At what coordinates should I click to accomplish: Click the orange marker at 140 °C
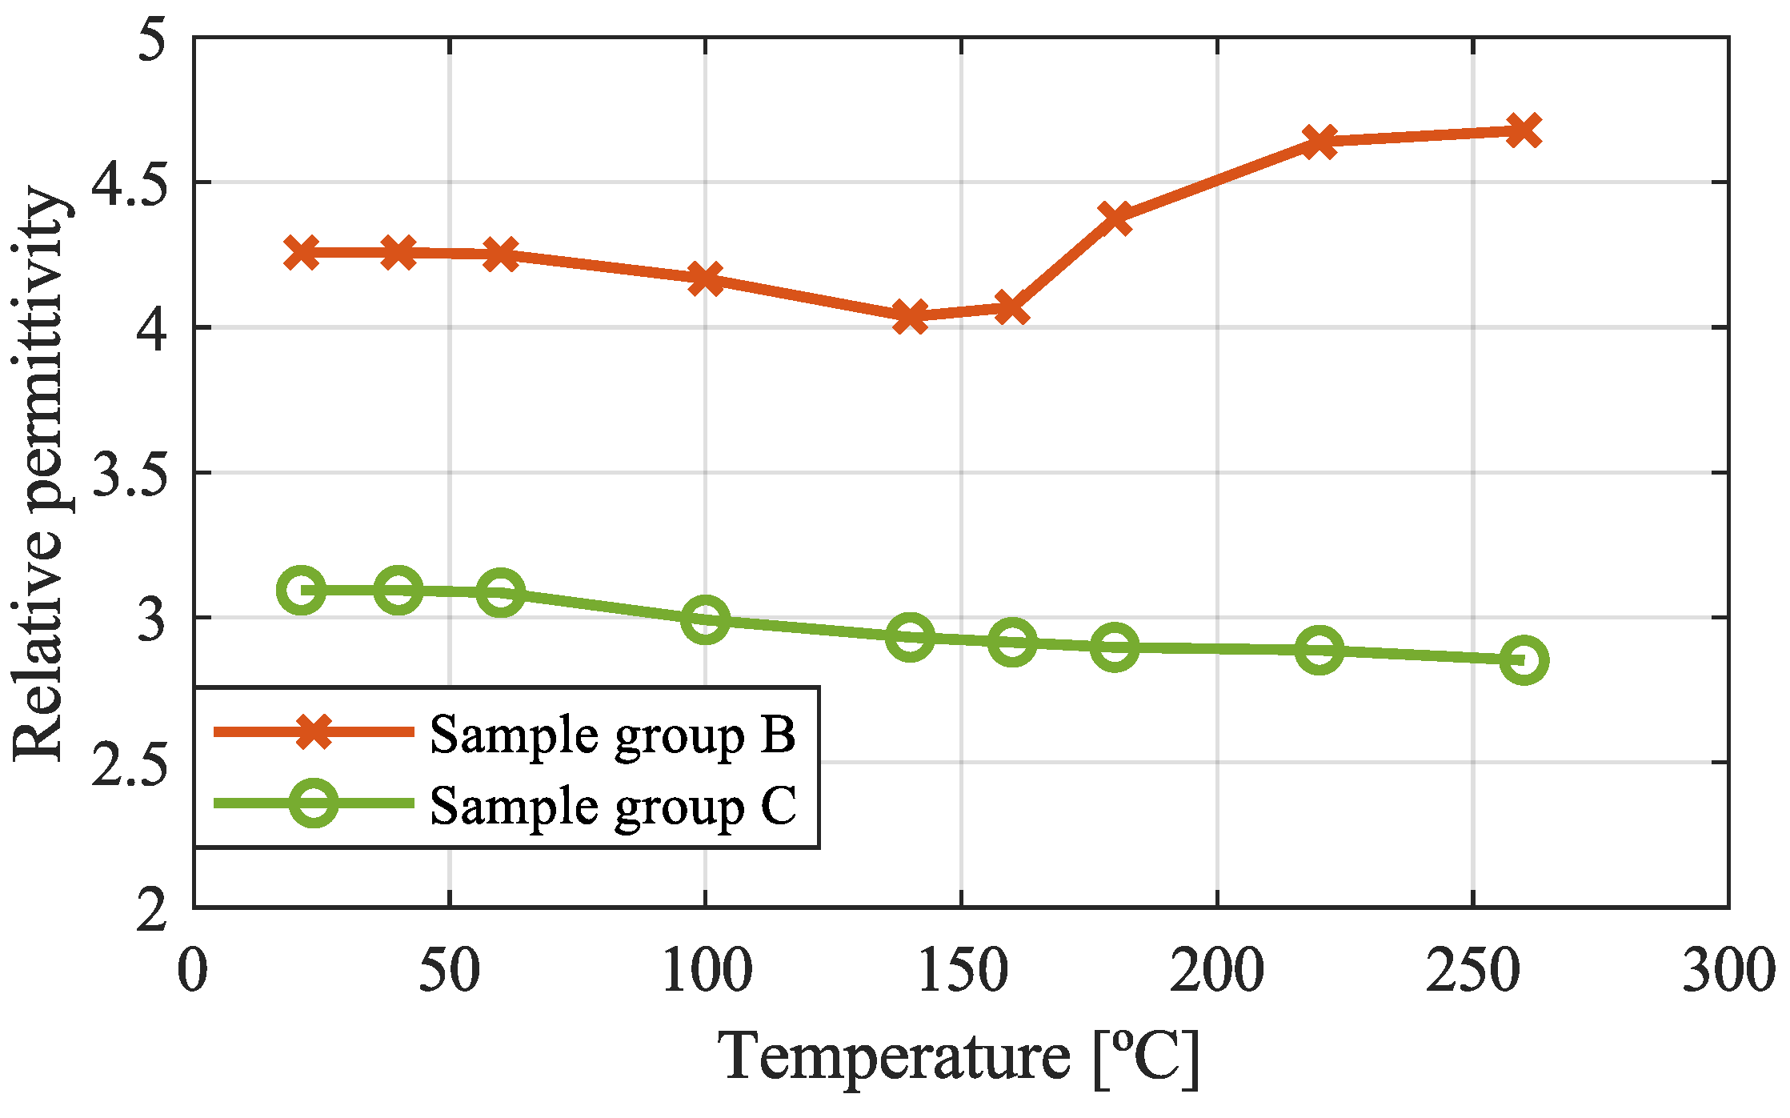[910, 317]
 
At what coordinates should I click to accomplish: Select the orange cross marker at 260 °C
[1524, 130]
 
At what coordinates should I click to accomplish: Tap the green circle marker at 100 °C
[705, 619]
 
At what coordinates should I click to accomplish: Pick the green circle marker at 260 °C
[1524, 660]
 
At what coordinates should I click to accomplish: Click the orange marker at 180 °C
[1115, 217]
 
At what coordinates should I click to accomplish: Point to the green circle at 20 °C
[301, 590]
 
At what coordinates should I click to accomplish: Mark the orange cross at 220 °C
[1319, 142]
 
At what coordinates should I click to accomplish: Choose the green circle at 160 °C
[1012, 641]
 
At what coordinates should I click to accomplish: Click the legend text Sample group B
[612, 734]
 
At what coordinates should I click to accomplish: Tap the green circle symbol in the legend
[313, 803]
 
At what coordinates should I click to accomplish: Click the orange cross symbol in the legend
[313, 731]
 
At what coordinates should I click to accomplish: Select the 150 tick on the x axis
[960, 972]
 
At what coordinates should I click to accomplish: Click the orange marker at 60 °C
[501, 254]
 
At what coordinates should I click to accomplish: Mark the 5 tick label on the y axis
[151, 38]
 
